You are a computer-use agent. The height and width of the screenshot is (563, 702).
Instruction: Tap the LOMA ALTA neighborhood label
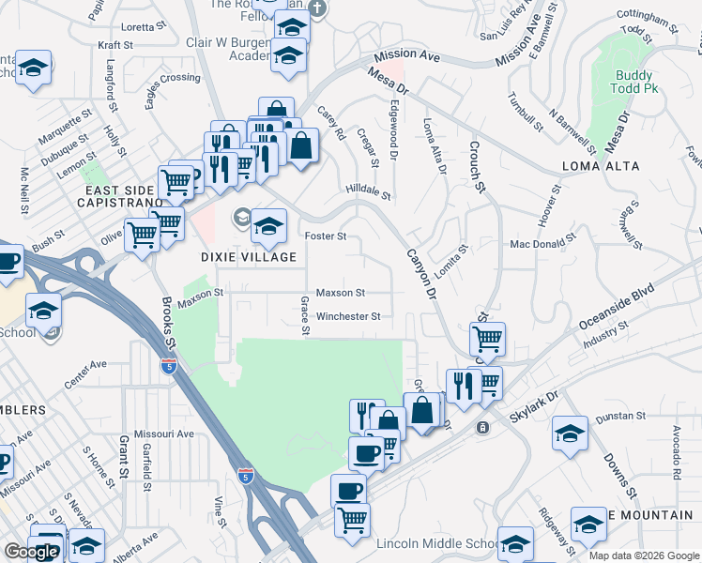point(601,166)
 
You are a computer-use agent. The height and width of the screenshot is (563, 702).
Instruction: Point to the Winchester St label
point(347,317)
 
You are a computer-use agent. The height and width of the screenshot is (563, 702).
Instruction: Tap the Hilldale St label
point(367,190)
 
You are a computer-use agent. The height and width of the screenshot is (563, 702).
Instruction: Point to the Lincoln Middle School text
point(437,544)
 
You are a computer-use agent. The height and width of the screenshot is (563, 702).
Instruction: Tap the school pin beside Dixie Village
point(268,224)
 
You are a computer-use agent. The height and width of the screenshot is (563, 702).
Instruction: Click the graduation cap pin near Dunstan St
point(569,434)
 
